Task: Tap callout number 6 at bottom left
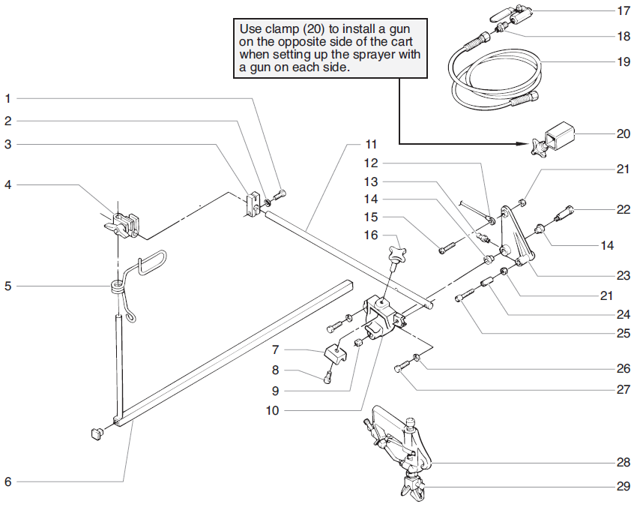pyautogui.click(x=8, y=481)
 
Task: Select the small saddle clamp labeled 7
pyautogui.click(x=336, y=355)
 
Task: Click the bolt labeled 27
pyautogui.click(x=401, y=368)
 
